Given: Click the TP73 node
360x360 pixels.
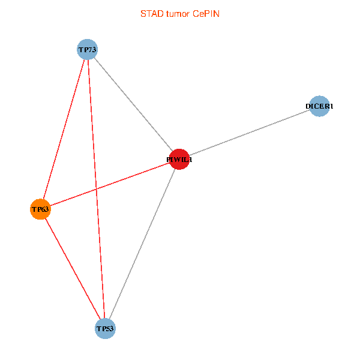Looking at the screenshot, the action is [x=87, y=49].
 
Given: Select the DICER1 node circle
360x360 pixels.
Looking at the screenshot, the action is [x=319, y=106].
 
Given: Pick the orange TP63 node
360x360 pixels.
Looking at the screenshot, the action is [x=40, y=209].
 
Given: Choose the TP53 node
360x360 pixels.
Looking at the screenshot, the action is [x=105, y=329].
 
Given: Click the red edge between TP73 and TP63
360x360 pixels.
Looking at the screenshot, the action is [x=64, y=128].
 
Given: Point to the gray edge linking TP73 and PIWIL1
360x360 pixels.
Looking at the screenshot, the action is [x=133, y=104].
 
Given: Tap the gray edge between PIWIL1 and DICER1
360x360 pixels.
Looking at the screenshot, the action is [x=250, y=133].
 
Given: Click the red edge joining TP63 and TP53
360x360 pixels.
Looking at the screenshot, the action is [x=72, y=269].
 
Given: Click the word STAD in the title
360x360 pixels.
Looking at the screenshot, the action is [x=151, y=13].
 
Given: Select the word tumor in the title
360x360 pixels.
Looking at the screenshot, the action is [x=178, y=13].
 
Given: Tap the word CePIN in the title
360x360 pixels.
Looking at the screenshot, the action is [x=206, y=13].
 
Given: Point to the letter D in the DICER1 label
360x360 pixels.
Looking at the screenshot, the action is [x=308, y=107].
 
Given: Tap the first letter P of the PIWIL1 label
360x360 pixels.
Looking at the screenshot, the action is [x=169, y=160].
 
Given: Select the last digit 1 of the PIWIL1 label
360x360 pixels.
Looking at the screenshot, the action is [x=191, y=160].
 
